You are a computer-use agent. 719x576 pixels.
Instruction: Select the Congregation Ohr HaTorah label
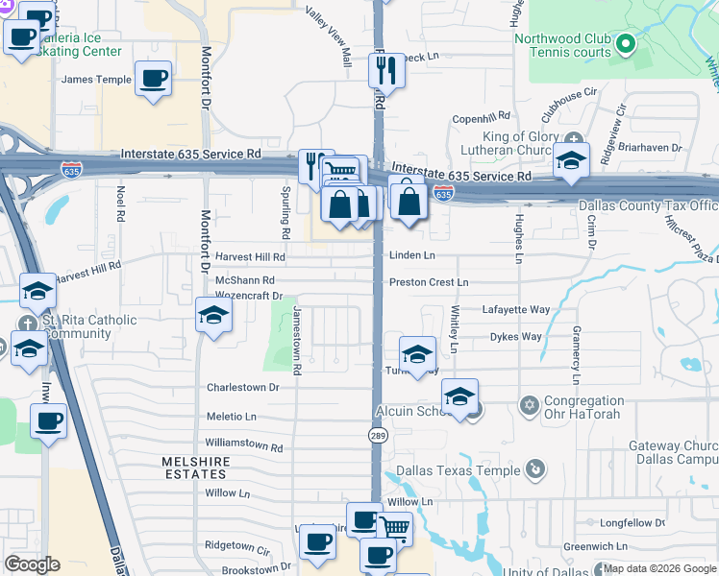pyautogui.click(x=583, y=407)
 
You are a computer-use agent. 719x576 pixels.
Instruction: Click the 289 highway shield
pyautogui.click(x=377, y=436)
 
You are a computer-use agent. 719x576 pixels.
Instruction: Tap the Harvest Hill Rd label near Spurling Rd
pyautogui.click(x=250, y=257)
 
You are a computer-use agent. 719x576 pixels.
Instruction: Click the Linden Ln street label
pyautogui.click(x=412, y=255)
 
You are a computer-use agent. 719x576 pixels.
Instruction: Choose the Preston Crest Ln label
pyautogui.click(x=429, y=282)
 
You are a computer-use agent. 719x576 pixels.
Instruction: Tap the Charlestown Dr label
pyautogui.click(x=242, y=388)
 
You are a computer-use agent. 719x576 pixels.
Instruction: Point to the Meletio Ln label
pyautogui.click(x=231, y=417)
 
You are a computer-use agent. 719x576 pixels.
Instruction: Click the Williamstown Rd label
pyautogui.click(x=244, y=447)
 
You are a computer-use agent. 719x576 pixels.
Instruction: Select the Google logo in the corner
pyautogui.click(x=32, y=564)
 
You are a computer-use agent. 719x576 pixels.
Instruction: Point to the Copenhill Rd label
pyautogui.click(x=485, y=119)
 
